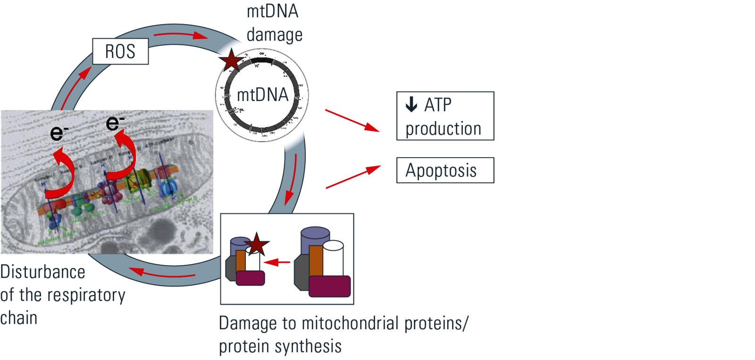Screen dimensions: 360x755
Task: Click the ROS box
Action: point(120,51)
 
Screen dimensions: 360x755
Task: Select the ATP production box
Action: point(445,116)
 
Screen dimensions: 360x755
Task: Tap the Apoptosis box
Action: point(445,170)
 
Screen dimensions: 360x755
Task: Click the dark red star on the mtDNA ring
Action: point(231,60)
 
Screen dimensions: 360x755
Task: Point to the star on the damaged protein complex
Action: point(256,244)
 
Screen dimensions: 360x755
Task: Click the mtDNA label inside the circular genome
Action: point(262,95)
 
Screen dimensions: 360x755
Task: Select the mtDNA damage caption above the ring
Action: point(274,24)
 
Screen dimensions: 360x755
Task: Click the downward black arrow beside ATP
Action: point(411,104)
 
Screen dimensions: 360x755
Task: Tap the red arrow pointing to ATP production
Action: point(352,120)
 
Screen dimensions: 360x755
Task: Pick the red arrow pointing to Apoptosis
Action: point(352,177)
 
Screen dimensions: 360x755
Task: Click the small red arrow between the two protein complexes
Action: point(277,262)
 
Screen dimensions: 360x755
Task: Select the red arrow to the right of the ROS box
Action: point(181,35)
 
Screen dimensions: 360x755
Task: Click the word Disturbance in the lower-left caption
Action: point(43,272)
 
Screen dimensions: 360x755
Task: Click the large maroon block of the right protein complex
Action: point(329,286)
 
